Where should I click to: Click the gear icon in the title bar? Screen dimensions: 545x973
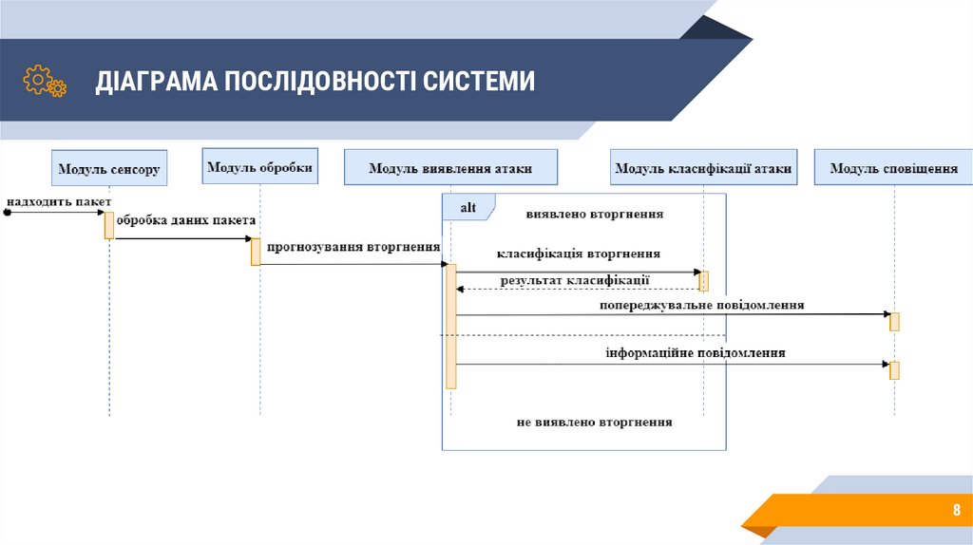45,81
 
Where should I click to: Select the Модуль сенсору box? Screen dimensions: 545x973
109,170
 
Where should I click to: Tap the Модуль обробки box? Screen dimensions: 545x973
259,167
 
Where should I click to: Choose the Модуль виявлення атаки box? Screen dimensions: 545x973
450,169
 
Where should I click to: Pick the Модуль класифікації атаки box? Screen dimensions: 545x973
703,169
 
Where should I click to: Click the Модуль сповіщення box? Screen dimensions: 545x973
893,169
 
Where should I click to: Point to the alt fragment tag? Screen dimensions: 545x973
468,207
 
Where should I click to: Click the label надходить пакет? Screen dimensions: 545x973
59,201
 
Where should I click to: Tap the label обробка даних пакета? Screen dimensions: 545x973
186,220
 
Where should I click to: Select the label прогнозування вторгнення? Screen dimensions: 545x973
353,247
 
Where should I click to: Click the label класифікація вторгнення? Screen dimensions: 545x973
579,254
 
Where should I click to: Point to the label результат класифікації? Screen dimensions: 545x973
575,280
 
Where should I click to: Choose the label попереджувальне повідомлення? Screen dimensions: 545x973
702,306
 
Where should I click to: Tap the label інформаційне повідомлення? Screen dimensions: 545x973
696,353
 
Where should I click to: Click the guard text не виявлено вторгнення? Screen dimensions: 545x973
595,422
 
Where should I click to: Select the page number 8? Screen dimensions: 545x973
957,511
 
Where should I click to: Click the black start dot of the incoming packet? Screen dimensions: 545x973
6,213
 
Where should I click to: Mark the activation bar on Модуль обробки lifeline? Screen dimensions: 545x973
256,252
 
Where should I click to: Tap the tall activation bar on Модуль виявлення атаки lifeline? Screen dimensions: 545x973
451,326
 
